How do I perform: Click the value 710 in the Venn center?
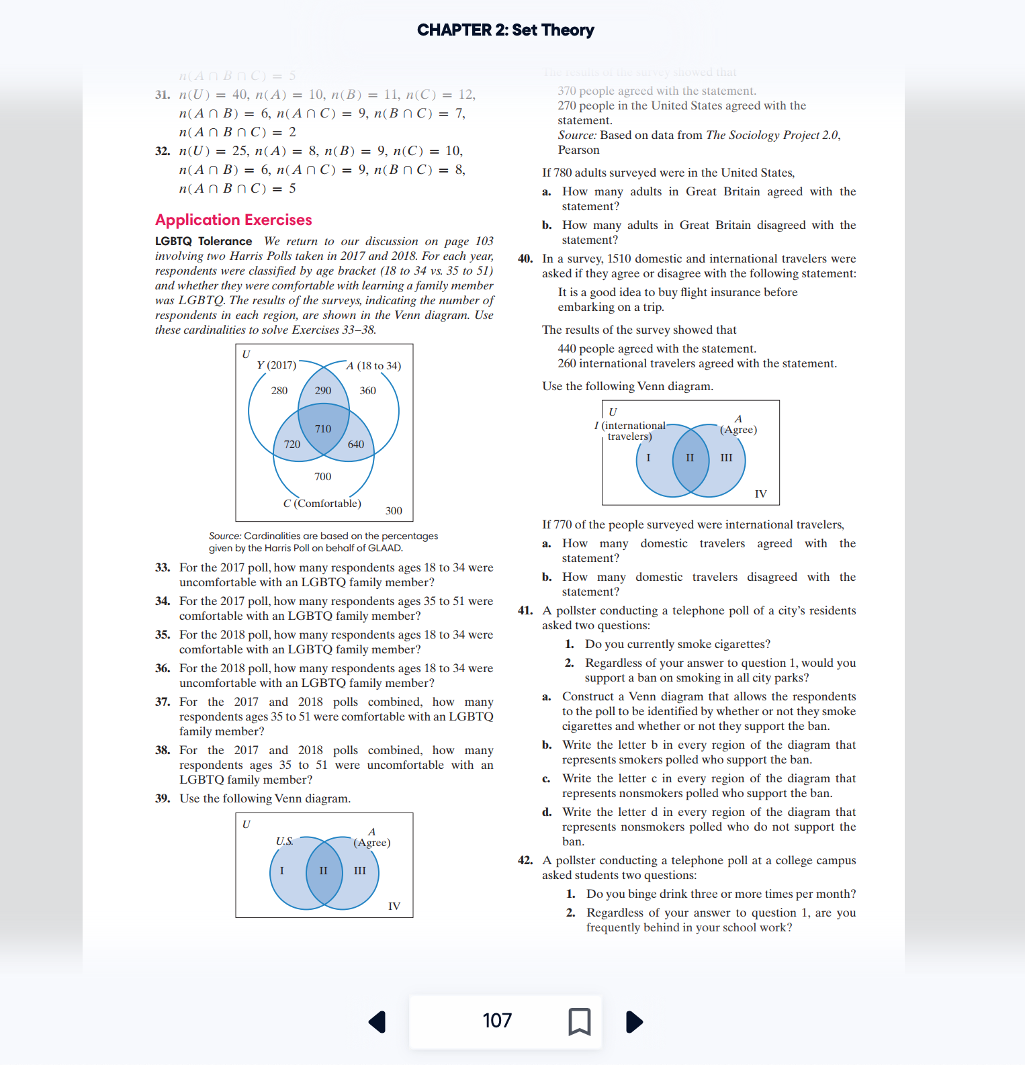click(323, 428)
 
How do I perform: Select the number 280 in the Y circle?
click(279, 390)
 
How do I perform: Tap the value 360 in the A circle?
click(367, 390)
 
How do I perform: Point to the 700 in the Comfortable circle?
click(322, 476)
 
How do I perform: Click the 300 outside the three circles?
click(394, 510)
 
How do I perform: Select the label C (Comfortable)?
click(322, 503)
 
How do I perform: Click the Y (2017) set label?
click(276, 365)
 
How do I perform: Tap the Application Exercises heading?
click(233, 220)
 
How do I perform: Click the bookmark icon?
click(579, 1021)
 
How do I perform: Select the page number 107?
click(497, 1021)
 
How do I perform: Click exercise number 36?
click(163, 668)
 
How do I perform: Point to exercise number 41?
click(525, 610)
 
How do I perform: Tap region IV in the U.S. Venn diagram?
click(394, 906)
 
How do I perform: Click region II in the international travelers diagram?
click(690, 457)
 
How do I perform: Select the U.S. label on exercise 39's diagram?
click(285, 841)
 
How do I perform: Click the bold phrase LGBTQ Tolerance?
click(204, 241)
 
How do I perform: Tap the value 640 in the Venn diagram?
click(356, 444)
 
